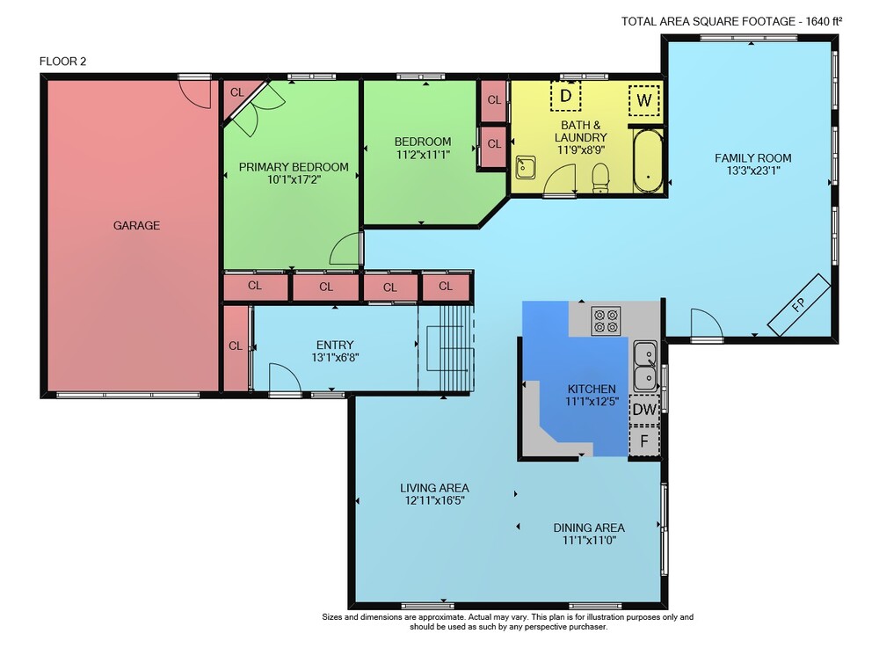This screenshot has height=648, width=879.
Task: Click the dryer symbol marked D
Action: coord(565,96)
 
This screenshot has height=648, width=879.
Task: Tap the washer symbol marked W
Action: coord(643,100)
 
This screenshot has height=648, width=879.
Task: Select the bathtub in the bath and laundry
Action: coord(648,162)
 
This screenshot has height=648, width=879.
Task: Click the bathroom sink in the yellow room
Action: coord(526,167)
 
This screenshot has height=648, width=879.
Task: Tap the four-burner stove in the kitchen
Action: coord(606,321)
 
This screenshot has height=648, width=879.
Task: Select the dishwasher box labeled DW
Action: coord(644,409)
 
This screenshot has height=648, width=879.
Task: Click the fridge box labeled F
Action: coord(644,440)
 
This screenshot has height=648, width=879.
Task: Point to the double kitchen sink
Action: coord(645,366)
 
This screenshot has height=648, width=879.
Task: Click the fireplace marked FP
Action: coord(798,305)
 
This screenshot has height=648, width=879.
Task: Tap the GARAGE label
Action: coord(136,225)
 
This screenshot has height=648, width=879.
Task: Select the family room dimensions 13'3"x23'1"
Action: coord(753,171)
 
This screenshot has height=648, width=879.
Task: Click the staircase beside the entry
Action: coord(447,347)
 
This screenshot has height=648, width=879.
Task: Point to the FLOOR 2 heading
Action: coord(62,61)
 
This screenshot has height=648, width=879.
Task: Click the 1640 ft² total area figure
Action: coord(824,21)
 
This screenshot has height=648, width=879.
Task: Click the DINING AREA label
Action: coord(589,528)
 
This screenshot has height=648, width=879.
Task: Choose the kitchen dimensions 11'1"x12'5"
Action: coord(592,401)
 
